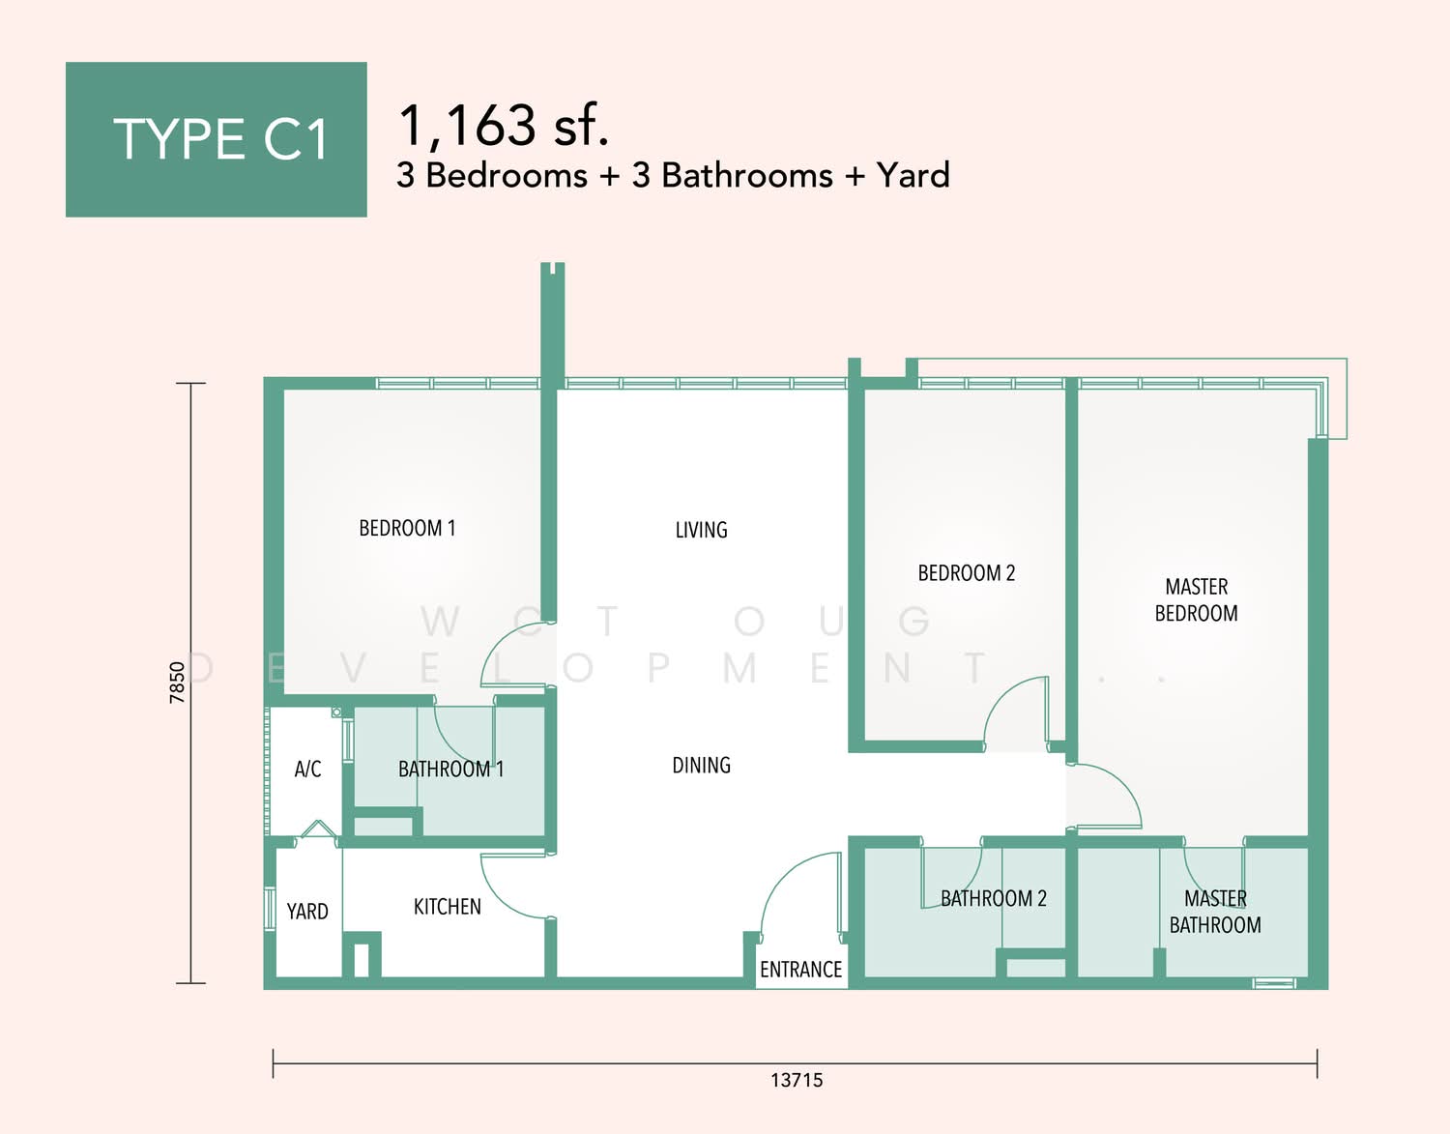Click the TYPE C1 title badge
coord(217,139)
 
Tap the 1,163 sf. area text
coord(504,125)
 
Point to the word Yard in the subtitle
coord(913,175)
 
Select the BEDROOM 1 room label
coord(407,528)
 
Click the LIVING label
coord(701,531)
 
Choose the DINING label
coord(701,765)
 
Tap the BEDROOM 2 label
coord(967,573)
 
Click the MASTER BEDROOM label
coord(1197,599)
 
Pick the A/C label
coord(307,770)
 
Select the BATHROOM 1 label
coord(451,770)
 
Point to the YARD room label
coord(307,912)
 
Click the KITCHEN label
coord(447,907)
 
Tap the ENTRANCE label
coord(800,970)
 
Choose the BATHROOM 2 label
coord(994,898)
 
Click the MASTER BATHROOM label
coord(1215,912)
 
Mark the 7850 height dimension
coord(177,683)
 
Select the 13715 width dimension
coord(797,1080)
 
